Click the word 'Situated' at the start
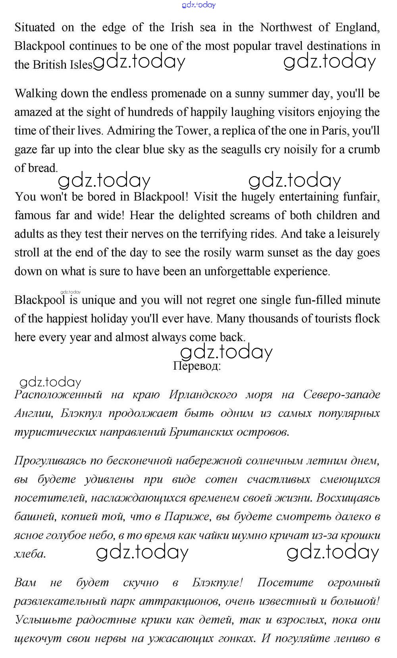click(x=35, y=27)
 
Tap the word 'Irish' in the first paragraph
click(x=182, y=27)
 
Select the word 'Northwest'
click(x=286, y=27)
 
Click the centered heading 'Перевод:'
click(x=197, y=366)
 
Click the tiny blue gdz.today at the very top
click(x=198, y=5)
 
